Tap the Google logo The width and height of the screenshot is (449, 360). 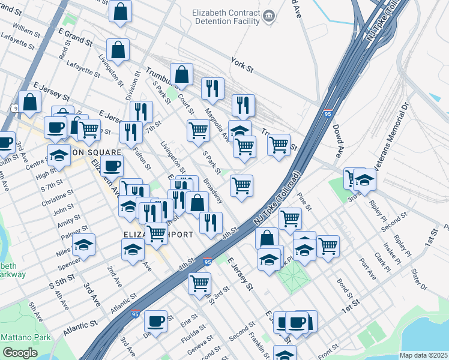click(x=20, y=353)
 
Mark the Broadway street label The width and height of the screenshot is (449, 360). click(x=213, y=191)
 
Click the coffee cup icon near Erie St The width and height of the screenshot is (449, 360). click(x=156, y=321)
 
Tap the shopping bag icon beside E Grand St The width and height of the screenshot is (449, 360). click(x=118, y=50)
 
